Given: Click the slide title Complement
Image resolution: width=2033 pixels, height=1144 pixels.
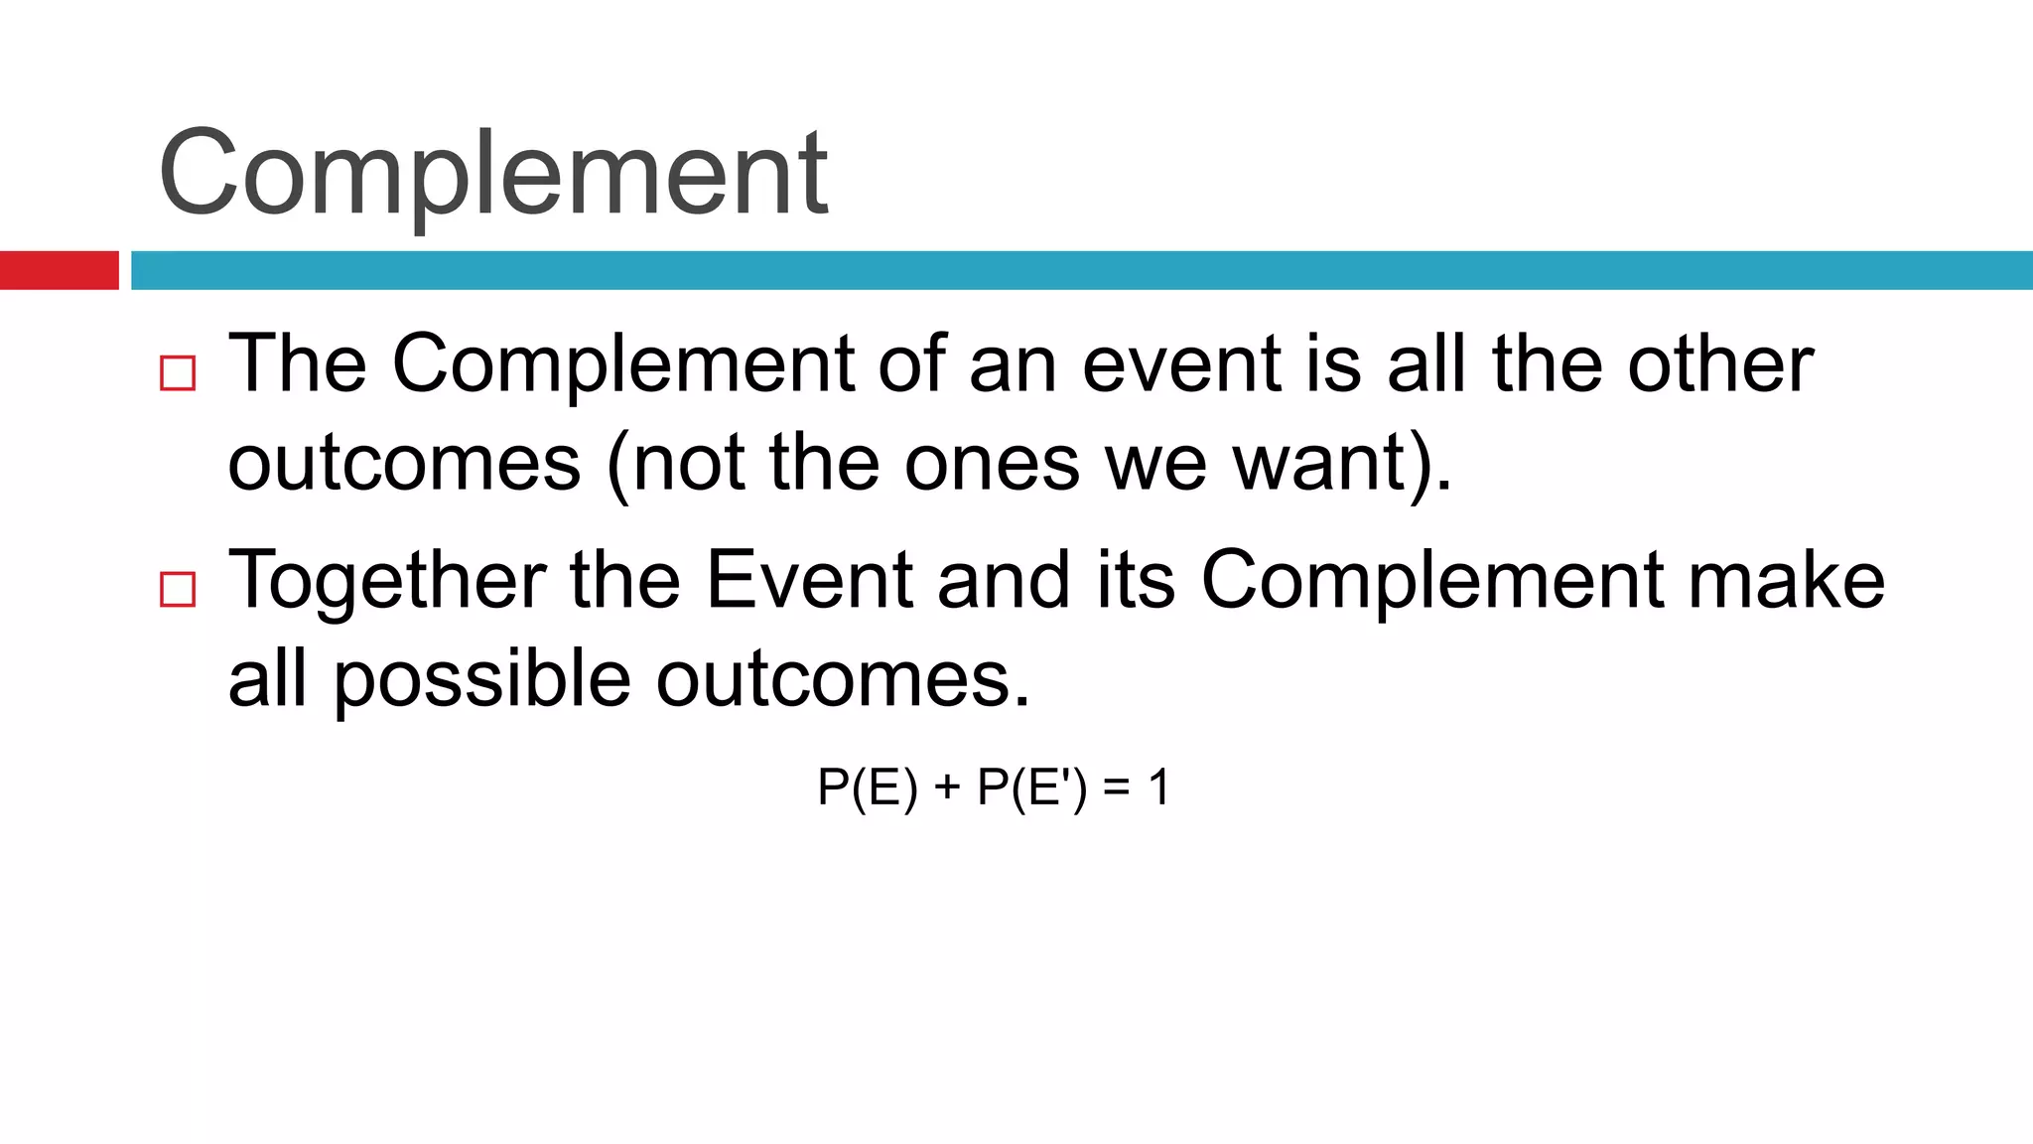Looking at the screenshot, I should pyautogui.click(x=493, y=174).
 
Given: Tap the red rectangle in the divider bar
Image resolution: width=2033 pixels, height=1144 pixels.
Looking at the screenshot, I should pyautogui.click(x=59, y=270).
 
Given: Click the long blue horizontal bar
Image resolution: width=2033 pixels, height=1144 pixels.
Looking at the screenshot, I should pyautogui.click(x=1081, y=270).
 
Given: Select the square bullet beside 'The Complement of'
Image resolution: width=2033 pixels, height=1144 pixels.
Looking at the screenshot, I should pyautogui.click(x=178, y=374).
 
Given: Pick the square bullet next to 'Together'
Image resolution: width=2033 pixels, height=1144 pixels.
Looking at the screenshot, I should pyautogui.click(x=178, y=590).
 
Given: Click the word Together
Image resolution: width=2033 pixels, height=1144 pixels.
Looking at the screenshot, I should pyautogui.click(x=387, y=581).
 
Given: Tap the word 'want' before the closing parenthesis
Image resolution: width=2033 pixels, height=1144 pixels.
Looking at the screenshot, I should pyautogui.click(x=1317, y=463).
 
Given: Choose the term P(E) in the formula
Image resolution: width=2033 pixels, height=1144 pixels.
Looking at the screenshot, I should pyautogui.click(x=867, y=788).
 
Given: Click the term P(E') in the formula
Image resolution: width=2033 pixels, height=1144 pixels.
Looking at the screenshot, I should pyautogui.click(x=1032, y=788).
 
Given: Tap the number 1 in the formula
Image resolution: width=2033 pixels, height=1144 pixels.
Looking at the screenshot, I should pyautogui.click(x=1158, y=788).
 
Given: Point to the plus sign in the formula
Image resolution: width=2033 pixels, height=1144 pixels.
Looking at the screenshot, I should pyautogui.click(x=947, y=788).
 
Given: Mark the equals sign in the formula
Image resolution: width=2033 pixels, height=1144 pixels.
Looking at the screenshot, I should pyautogui.click(x=1117, y=788).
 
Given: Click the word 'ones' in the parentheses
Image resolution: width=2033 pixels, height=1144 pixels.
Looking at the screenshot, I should pyautogui.click(x=992, y=463).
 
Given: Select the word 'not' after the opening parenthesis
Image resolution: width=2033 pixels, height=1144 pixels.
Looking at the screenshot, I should pyautogui.click(x=688, y=463).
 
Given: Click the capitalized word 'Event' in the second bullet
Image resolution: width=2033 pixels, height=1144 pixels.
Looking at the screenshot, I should pyautogui.click(x=809, y=581).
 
